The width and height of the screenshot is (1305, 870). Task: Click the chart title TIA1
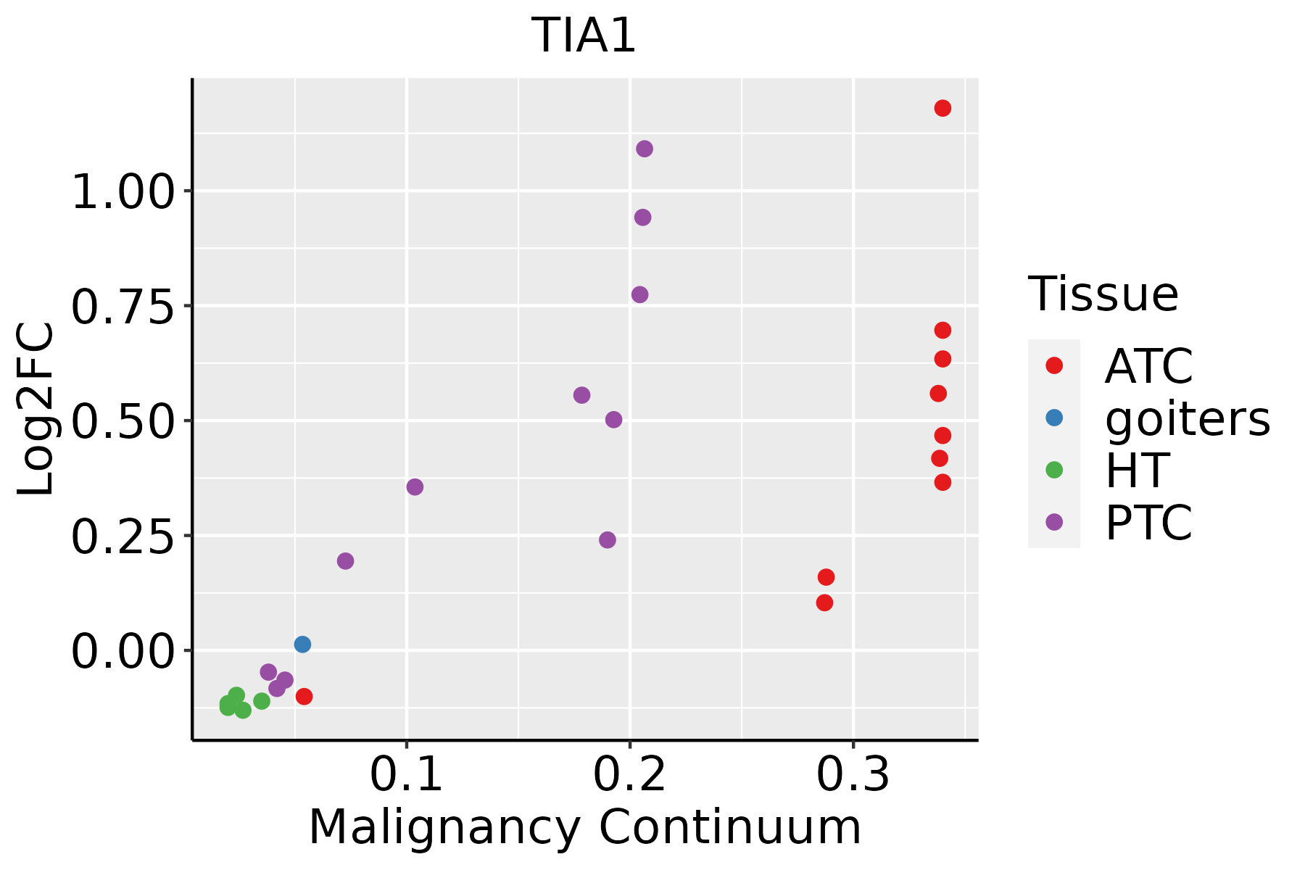(584, 36)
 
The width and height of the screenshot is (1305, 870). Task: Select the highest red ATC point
(942, 108)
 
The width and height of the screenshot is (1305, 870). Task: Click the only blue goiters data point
(302, 645)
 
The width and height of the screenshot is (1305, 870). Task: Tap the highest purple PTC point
(644, 149)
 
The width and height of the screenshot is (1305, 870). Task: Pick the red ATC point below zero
(304, 697)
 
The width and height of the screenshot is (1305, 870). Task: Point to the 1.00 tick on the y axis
(123, 193)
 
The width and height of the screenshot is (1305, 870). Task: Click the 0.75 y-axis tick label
(123, 307)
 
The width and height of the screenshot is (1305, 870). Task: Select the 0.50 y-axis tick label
(123, 422)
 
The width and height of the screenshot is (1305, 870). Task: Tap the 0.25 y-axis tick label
(123, 537)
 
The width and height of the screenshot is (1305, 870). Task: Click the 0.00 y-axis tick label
(123, 652)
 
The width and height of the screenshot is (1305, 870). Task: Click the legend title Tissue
(1103, 294)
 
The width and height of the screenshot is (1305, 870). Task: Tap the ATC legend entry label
(1148, 366)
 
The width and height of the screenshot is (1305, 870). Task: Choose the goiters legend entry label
(1187, 418)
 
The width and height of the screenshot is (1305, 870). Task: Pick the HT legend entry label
(1136, 471)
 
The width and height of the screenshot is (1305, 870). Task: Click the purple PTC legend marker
(1054, 522)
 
